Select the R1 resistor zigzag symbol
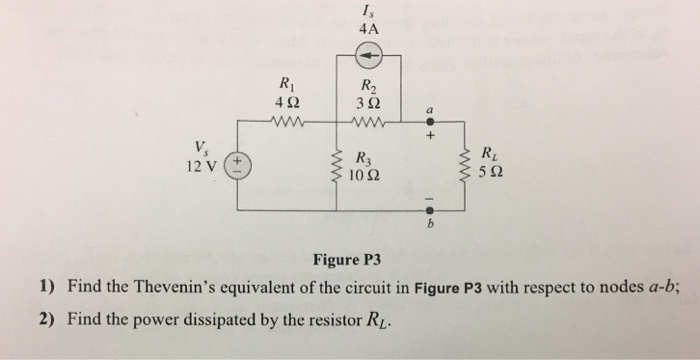pyautogui.click(x=289, y=123)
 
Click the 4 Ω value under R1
pyautogui.click(x=290, y=104)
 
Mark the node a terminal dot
pyautogui.click(x=431, y=122)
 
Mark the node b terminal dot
pyautogui.click(x=431, y=211)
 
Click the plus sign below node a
pyautogui.click(x=431, y=136)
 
